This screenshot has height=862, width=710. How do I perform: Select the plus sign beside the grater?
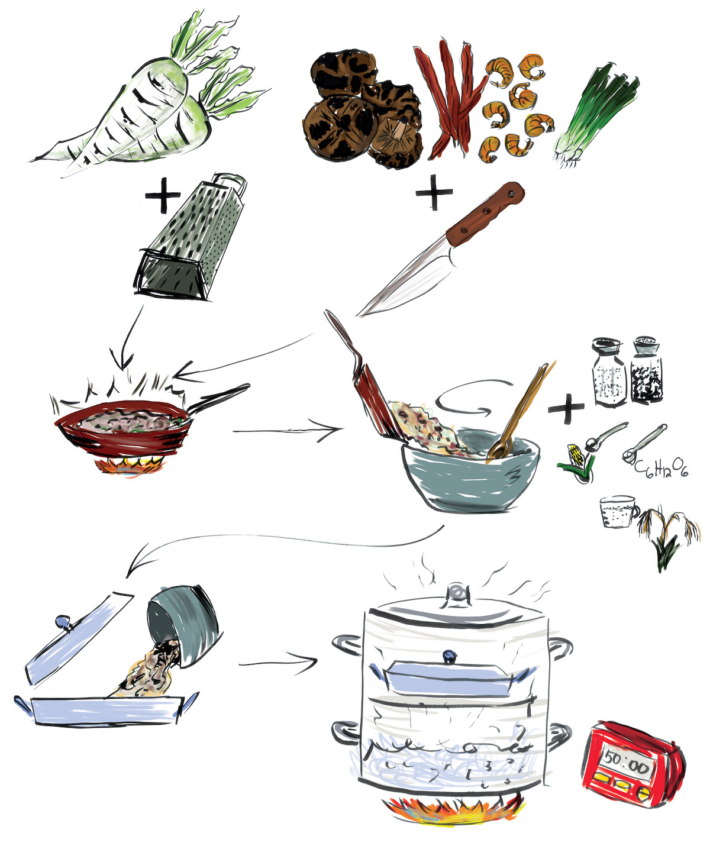point(163,198)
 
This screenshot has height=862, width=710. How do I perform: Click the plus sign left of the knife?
point(434,192)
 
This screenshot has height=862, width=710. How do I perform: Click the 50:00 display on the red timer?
point(627,766)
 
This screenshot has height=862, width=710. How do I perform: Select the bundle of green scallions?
point(598,115)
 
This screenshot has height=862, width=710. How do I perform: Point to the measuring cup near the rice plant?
point(618,511)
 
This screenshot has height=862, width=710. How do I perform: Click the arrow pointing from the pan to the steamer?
point(278,662)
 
